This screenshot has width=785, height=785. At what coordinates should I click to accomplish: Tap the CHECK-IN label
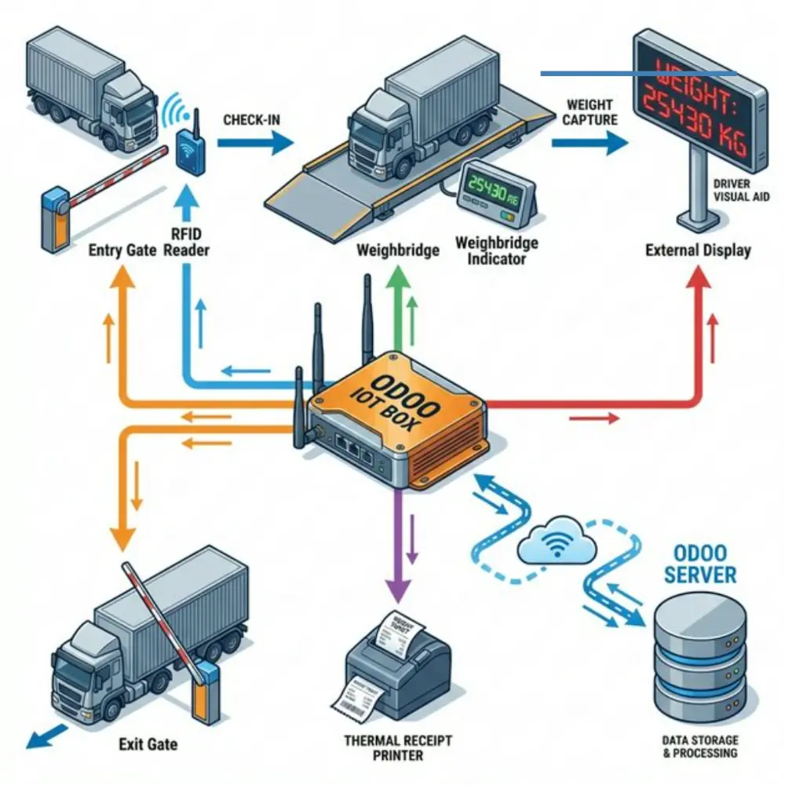point(253,120)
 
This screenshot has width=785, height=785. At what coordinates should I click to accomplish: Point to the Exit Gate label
point(148,743)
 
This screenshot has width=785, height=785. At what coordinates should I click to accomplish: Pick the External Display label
point(698,250)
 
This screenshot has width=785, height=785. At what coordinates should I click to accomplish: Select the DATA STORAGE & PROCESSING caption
point(699,747)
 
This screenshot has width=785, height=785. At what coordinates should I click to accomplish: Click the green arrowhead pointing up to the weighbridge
point(399,283)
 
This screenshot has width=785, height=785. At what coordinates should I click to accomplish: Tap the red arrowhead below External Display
point(698,279)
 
